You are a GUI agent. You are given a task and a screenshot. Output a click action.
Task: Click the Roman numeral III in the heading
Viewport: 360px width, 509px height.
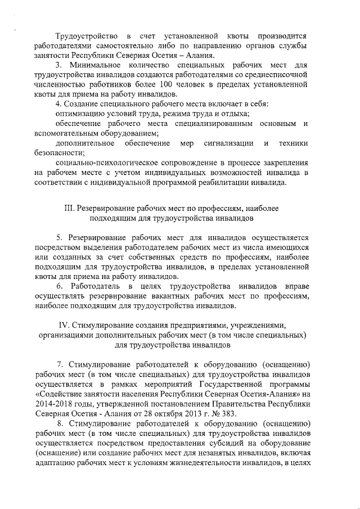[70, 208]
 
